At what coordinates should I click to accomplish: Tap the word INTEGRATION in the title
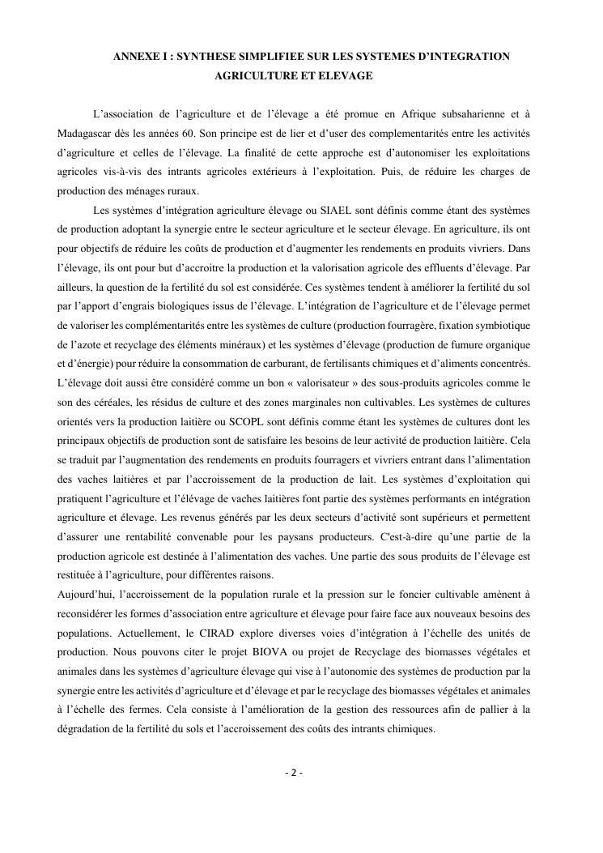pos(466,56)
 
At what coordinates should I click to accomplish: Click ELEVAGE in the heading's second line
pos(345,75)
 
